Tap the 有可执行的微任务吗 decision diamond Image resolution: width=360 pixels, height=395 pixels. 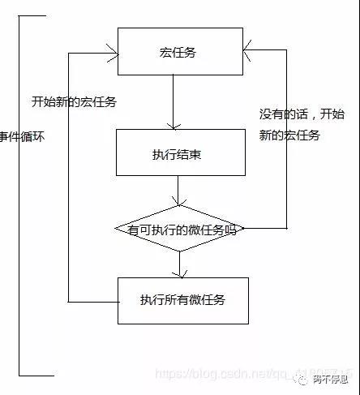click(x=181, y=230)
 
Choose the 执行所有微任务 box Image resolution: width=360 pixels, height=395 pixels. click(x=181, y=299)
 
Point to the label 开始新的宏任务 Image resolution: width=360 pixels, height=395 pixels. click(x=74, y=102)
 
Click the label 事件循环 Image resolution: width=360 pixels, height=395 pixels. click(x=24, y=137)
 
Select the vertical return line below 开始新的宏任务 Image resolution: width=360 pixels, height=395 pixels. click(x=71, y=203)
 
